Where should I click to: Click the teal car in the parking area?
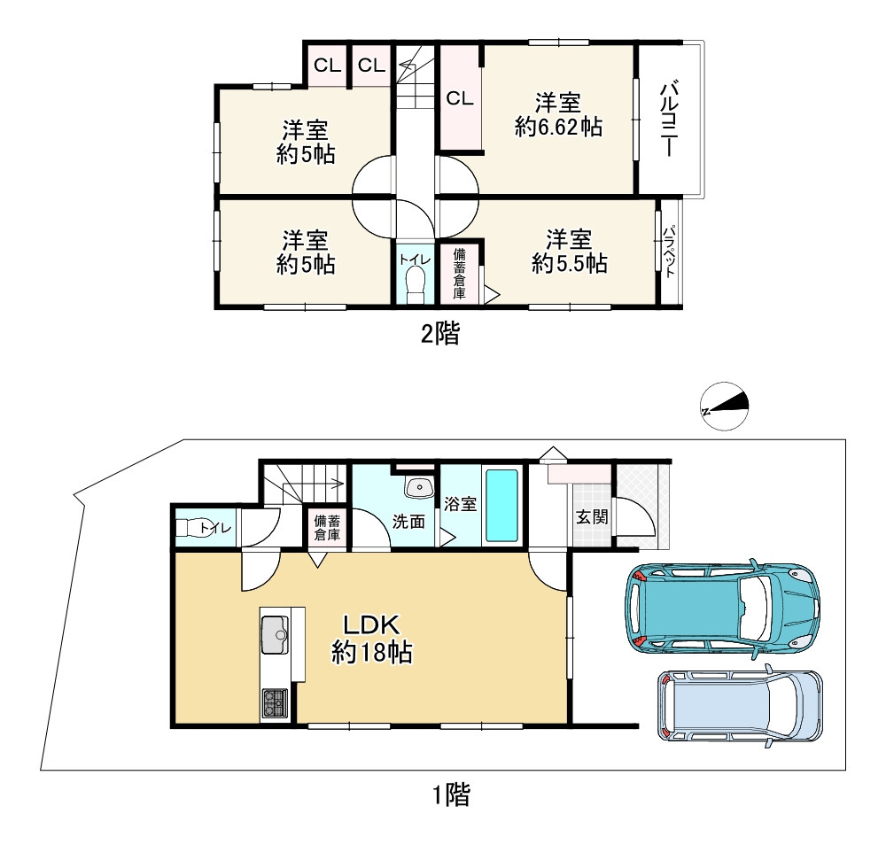[x=721, y=609]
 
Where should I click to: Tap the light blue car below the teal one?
[x=740, y=706]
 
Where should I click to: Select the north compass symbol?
[x=725, y=407]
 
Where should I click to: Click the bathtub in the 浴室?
[x=501, y=506]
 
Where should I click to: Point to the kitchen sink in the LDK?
[x=275, y=635]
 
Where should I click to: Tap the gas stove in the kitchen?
[x=275, y=703]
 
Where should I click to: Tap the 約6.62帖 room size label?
[x=558, y=127]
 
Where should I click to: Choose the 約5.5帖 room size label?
[x=570, y=264]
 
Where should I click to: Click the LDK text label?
[x=372, y=625]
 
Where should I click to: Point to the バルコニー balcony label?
[x=669, y=120]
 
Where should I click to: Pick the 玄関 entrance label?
[x=592, y=516]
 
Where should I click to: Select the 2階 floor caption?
[x=440, y=333]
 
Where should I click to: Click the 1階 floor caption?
[x=451, y=795]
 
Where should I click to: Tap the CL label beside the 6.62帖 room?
[x=459, y=99]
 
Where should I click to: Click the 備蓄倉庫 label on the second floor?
[x=459, y=274]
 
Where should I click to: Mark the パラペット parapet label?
[x=670, y=252]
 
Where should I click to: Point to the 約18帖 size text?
[x=372, y=653]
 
